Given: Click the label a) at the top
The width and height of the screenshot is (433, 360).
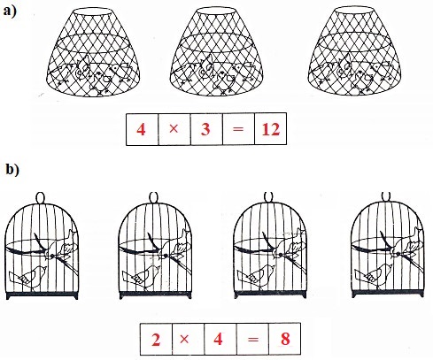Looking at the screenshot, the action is tap(10, 11).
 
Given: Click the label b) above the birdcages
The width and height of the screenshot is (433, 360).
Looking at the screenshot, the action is tap(12, 170).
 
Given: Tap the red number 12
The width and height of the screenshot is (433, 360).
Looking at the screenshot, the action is tap(271, 129).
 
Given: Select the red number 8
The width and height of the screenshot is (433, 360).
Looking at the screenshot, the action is tap(285, 339).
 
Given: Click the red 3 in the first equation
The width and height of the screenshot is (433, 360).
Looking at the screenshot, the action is tap(205, 129).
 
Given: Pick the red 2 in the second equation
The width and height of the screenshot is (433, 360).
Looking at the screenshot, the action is tap(156, 340).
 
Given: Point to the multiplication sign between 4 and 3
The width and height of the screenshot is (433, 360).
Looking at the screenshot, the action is tap(174, 128).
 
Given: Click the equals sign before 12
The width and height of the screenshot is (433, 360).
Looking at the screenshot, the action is tap(238, 129).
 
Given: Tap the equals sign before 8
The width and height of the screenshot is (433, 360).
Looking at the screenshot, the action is tap(253, 340).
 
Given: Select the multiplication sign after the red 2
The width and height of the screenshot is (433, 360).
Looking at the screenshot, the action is tap(184, 339).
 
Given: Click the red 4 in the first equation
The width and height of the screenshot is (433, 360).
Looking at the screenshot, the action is tap(141, 129).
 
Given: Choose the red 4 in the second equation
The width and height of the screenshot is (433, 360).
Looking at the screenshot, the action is tap(218, 339).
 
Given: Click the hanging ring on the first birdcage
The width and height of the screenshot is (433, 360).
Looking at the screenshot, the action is tap(41, 197).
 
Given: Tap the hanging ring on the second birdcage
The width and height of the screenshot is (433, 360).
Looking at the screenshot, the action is tap(154, 197).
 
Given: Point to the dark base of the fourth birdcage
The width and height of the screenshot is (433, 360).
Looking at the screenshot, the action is tap(387, 294).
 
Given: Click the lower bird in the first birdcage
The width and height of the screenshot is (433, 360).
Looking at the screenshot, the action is tap(28, 278).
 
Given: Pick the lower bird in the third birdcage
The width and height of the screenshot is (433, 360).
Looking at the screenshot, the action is tap(256, 277).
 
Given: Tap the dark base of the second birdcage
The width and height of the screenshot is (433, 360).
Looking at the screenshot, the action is tap(155, 295).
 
